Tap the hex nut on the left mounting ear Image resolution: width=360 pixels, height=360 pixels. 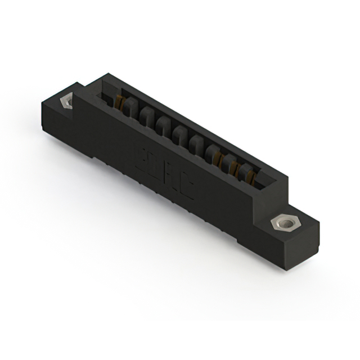(x=66, y=102)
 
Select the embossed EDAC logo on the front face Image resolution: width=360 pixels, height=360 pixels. (x=165, y=171)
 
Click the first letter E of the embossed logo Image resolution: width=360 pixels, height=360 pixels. (x=141, y=155)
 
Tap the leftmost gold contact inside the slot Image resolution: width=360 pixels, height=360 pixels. (x=119, y=103)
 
